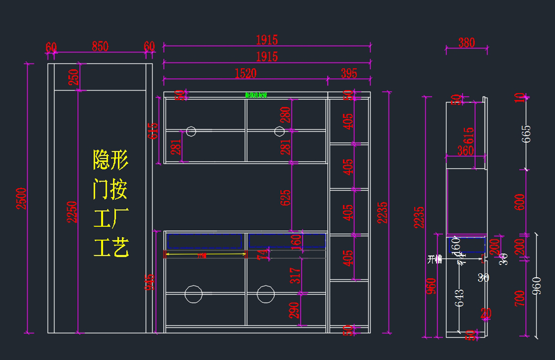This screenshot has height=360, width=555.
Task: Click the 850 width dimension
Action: click(x=100, y=46)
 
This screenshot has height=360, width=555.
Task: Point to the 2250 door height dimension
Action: click(x=72, y=212)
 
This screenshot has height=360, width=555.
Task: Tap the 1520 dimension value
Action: click(x=246, y=73)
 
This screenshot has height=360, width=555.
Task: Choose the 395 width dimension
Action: click(x=349, y=73)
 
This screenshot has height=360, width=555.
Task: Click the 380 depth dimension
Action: click(x=467, y=43)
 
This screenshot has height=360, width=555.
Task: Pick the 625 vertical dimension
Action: click(x=285, y=197)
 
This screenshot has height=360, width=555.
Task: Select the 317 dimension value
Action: click(x=296, y=275)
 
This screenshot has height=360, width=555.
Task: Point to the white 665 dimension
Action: click(x=526, y=134)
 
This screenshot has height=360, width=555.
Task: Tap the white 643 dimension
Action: click(x=459, y=298)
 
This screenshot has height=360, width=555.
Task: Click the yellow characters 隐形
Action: click(x=111, y=160)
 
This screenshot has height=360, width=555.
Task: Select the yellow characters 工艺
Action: click(x=111, y=248)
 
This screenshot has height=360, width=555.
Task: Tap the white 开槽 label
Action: click(x=435, y=259)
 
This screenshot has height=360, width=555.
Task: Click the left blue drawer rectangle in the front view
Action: click(x=204, y=240)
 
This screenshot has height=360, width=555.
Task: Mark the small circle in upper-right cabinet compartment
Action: click(x=279, y=131)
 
